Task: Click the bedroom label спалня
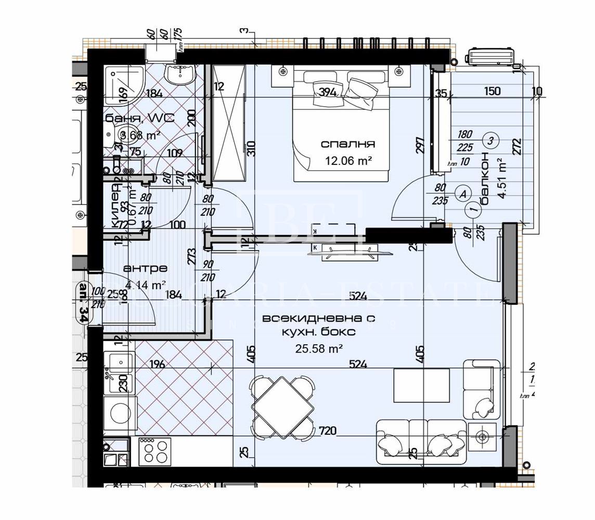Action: (348, 144)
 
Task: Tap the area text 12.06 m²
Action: (348, 161)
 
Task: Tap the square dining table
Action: (283, 408)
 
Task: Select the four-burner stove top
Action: (154, 450)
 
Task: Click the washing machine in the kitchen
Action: (120, 413)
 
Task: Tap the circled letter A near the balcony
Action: (462, 193)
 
